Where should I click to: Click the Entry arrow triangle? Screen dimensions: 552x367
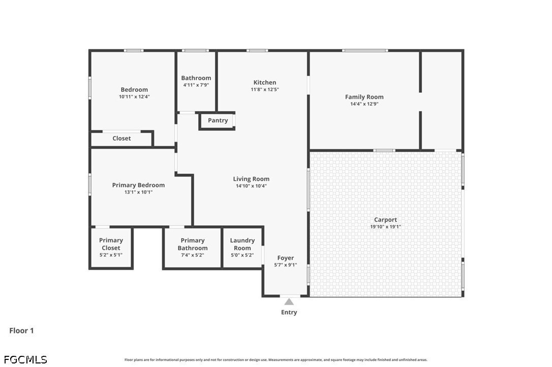pos(289,302)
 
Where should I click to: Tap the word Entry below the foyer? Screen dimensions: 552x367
pos(289,312)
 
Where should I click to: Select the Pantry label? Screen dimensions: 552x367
pos(218,121)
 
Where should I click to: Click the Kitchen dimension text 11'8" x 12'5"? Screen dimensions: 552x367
pos(265,90)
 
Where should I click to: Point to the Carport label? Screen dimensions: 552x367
pos(385,220)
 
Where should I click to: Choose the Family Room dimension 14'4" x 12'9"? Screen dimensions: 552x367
pos(364,104)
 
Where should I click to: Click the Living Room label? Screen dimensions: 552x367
pos(252,179)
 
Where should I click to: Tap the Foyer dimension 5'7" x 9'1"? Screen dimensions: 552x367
pos(286,265)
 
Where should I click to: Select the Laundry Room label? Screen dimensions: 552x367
pos(242,244)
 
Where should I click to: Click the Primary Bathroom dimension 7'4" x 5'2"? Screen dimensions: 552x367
pos(193,255)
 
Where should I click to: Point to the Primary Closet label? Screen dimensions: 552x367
pos(111,244)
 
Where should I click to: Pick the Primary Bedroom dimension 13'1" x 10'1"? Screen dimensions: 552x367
pos(138,192)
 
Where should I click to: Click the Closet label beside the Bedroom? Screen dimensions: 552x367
pos(121,139)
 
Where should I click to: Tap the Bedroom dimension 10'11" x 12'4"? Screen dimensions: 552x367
pos(134,96)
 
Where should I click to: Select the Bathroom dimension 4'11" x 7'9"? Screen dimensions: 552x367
pos(196,85)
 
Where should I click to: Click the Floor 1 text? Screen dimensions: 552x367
pos(21,330)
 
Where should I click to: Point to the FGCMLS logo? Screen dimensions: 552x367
pos(25,359)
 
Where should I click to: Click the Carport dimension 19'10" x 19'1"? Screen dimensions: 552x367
pos(385,227)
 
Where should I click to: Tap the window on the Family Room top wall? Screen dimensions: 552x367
pos(365,51)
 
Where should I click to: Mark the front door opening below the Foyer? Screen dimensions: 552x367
pos(290,296)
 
